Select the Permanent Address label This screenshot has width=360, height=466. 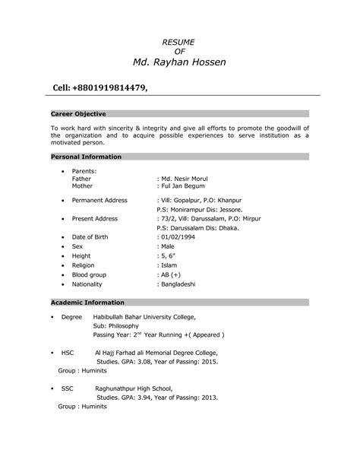[x=99, y=200]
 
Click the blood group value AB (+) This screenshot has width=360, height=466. [x=171, y=274]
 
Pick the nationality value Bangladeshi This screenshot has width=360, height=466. [x=179, y=284]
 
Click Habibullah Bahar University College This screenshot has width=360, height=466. [x=144, y=315]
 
